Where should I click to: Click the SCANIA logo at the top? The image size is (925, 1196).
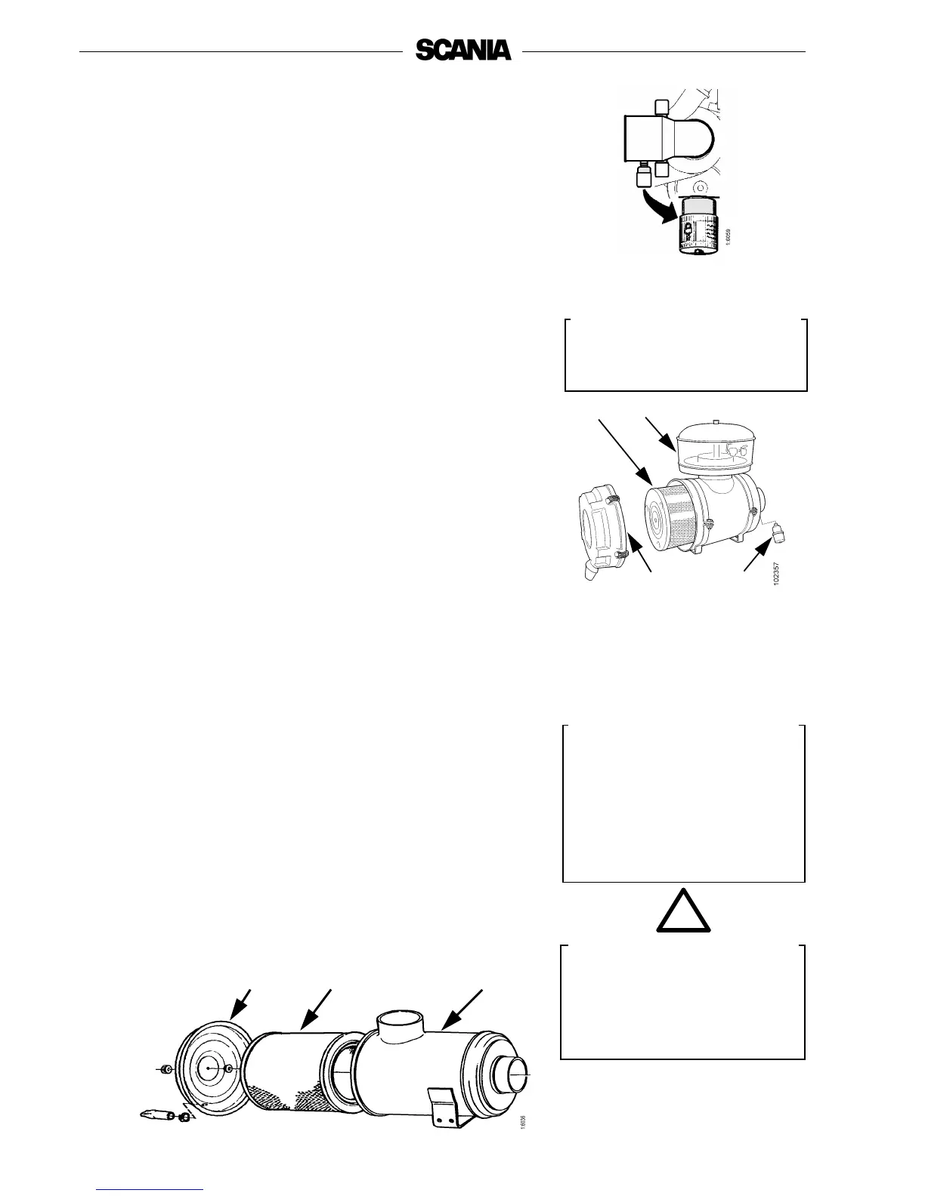462,51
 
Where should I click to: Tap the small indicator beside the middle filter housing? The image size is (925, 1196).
778,538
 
